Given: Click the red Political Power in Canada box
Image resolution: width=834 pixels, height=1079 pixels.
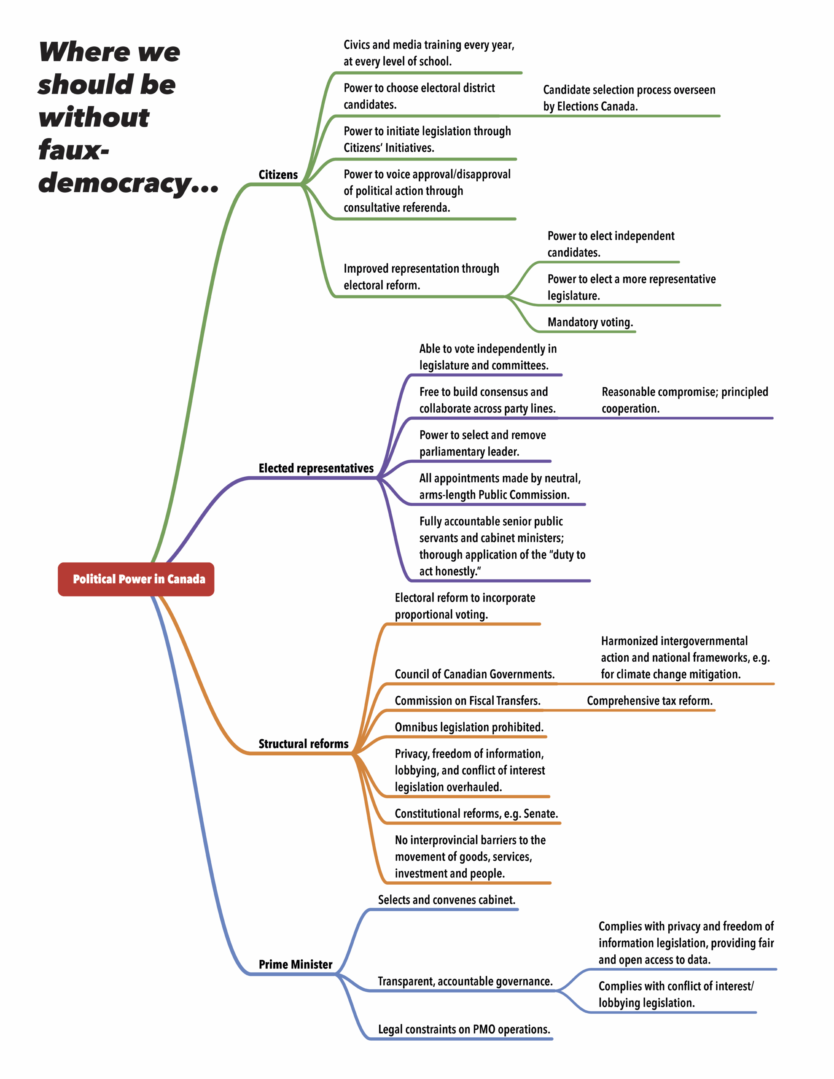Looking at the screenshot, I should coord(136,579).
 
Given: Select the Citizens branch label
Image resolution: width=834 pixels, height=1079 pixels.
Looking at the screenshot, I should coord(278,175).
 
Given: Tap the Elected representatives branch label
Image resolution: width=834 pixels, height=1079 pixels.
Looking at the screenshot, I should coord(316,468).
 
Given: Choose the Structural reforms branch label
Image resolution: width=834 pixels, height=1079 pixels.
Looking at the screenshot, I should coord(303,744).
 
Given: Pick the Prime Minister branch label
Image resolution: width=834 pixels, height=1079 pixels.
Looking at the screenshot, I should coord(295,964).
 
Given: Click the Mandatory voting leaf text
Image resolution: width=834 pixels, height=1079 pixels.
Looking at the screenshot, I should coord(590,322).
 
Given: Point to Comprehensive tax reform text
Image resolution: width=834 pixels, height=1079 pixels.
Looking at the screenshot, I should coord(649,701).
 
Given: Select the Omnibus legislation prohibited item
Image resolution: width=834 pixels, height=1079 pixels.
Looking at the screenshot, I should coord(469,727).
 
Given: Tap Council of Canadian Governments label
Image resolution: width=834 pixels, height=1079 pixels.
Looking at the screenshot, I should coord(474,674).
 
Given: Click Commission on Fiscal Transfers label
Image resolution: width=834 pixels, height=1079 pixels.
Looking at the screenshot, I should coord(467,701).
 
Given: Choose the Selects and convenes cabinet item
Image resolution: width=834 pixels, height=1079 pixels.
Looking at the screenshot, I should coord(447,900).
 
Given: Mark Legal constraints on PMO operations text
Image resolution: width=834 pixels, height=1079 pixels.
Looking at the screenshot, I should coord(464,1029).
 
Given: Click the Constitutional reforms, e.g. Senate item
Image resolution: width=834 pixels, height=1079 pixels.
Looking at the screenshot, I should coord(476,814).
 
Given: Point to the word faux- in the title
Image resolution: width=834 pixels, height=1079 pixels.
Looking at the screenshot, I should coord(74,150).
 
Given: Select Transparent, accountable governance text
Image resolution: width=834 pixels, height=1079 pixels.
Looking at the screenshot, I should coord(465,981).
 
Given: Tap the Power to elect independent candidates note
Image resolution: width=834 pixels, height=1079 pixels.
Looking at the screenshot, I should coord(611,244).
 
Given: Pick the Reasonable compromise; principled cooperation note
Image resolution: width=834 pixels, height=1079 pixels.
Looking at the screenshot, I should coord(684,400).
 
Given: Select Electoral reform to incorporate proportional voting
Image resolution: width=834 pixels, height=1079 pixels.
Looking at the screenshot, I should coord(465,606).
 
